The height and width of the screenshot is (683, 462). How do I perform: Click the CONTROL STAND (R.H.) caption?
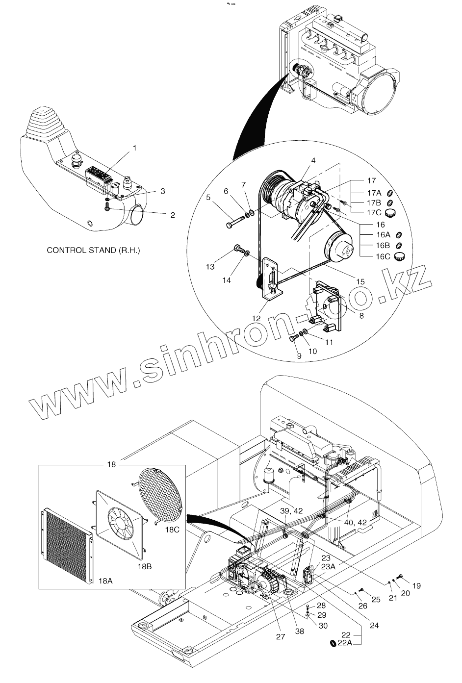(x=93, y=250)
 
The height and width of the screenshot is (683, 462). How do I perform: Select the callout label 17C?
(x=374, y=212)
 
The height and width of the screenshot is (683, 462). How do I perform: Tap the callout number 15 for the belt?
(x=360, y=281)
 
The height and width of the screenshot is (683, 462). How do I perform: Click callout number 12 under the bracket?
(x=257, y=318)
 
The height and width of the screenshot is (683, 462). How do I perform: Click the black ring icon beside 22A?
(x=332, y=657)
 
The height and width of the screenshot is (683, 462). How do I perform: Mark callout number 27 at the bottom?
(x=280, y=637)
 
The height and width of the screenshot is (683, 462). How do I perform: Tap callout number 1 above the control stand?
(x=135, y=147)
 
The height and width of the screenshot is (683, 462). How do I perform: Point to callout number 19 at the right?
(x=416, y=585)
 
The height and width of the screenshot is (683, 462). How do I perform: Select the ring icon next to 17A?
(x=390, y=193)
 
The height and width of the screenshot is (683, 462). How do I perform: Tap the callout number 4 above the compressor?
(x=313, y=160)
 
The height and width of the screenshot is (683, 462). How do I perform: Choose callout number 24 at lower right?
(x=374, y=625)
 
